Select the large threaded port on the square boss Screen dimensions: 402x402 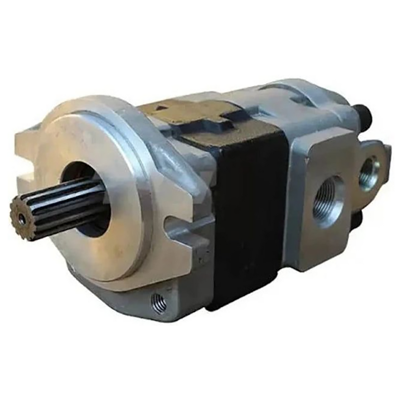[328, 201]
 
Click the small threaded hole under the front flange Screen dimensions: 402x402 [159, 303]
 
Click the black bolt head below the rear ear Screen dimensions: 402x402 [358, 218]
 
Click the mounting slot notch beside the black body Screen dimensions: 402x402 [182, 226]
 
